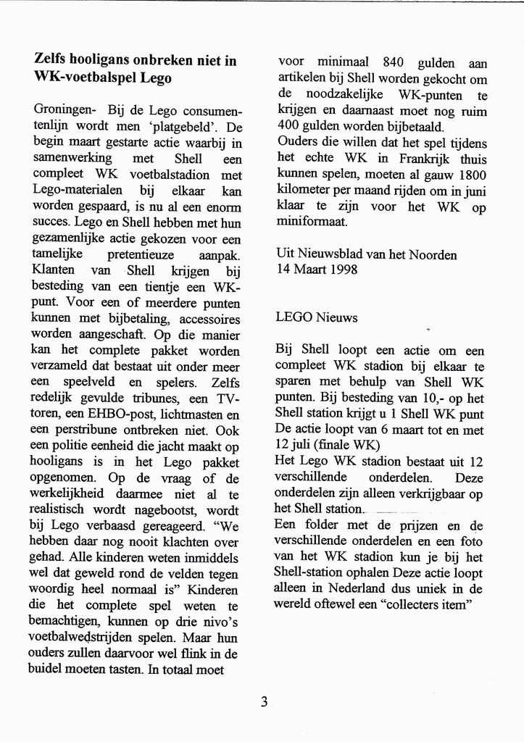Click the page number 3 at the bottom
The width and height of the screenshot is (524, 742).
click(x=265, y=701)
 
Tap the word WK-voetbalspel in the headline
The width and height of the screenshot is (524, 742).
click(x=85, y=78)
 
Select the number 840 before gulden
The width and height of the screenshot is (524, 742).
click(x=394, y=63)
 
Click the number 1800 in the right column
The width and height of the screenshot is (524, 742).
click(x=471, y=175)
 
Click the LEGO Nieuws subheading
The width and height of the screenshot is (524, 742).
click(x=316, y=317)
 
